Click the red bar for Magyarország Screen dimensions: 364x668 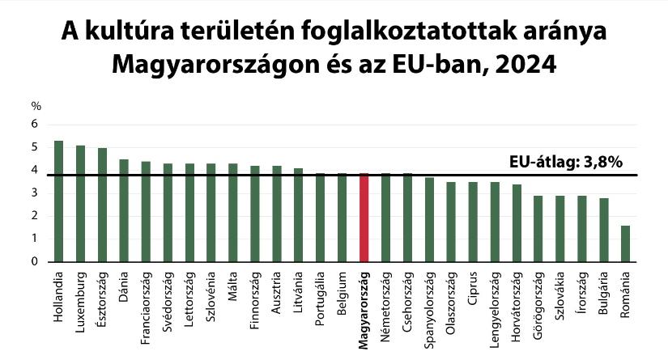coord(364,218)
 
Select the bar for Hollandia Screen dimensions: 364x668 coord(58,201)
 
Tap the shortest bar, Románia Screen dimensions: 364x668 coord(625,243)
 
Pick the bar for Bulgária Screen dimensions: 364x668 coord(603,230)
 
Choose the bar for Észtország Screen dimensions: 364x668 coord(102,205)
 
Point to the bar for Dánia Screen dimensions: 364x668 coord(124,210)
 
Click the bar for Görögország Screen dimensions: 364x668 coord(538,229)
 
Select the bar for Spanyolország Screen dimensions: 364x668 coord(429,220)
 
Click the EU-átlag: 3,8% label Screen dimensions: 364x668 coord(566,162)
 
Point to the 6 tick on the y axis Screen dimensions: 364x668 coord(35,125)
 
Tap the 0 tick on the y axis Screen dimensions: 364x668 coord(35,261)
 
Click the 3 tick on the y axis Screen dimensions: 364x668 coord(35,193)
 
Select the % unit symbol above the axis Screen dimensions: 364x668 coord(36,106)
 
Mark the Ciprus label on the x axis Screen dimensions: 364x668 coord(473,292)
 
